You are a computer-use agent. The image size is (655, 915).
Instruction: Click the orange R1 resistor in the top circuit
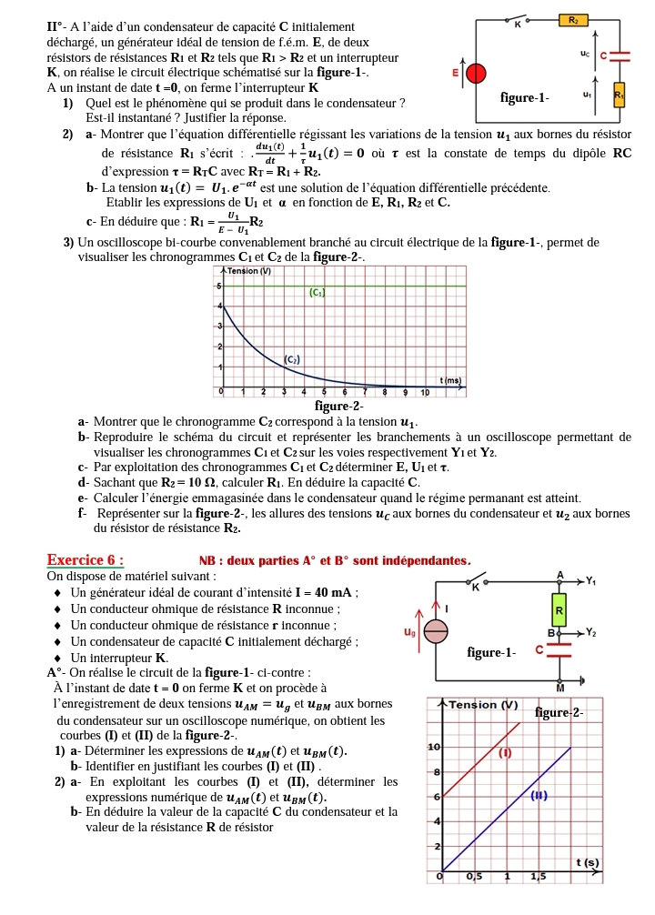click(x=620, y=94)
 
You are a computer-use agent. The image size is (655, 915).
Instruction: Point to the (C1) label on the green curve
click(x=317, y=292)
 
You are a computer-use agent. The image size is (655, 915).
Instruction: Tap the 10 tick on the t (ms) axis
click(x=424, y=392)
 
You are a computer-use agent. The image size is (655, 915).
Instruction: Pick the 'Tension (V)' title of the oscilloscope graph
click(x=249, y=271)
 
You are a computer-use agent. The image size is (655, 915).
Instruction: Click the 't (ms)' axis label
click(x=450, y=379)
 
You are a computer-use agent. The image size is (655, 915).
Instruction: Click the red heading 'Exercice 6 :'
click(x=86, y=559)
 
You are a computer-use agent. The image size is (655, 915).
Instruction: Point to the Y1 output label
click(x=591, y=580)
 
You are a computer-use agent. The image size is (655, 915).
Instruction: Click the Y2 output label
click(x=591, y=631)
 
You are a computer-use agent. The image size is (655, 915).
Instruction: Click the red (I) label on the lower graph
click(x=505, y=752)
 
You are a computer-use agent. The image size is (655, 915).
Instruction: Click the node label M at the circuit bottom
click(x=560, y=689)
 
